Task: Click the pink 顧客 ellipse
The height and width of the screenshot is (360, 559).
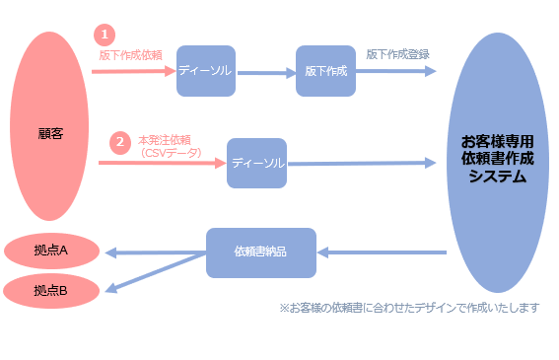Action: (50, 127)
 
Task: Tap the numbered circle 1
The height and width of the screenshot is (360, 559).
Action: (105, 35)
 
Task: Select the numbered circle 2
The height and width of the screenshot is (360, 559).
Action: (119, 142)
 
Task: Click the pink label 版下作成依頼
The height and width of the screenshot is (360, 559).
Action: (130, 55)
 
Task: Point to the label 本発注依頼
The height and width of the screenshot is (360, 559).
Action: (165, 140)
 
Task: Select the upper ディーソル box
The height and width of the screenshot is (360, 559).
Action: (206, 71)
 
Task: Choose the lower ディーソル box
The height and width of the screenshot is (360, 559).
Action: (256, 163)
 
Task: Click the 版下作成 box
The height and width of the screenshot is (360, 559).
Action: (325, 71)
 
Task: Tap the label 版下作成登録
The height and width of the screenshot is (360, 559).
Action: (397, 54)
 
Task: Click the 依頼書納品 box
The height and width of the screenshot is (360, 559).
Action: (260, 252)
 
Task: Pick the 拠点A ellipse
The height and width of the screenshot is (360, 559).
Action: (50, 251)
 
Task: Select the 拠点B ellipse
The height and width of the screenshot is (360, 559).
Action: (50, 291)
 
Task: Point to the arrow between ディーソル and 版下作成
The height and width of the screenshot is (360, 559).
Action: (265, 72)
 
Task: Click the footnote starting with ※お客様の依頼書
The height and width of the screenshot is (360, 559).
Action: (409, 308)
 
